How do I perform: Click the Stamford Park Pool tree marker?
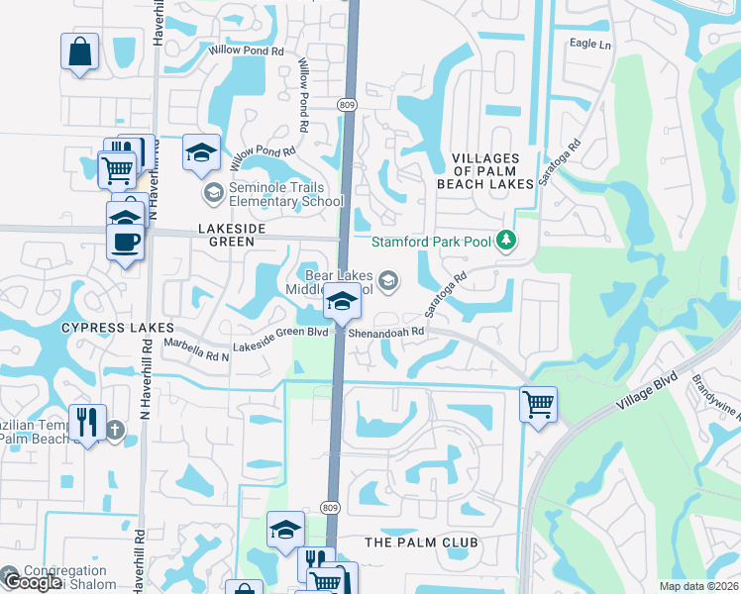click(506, 241)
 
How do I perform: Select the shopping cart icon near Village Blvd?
click(538, 403)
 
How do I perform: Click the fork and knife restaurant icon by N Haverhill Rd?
click(86, 422)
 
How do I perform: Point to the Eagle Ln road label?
click(590, 45)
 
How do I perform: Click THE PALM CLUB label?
click(421, 543)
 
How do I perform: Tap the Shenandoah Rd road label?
click(386, 332)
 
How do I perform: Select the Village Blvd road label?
click(648, 391)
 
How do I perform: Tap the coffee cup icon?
click(125, 242)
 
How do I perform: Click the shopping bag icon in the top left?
click(79, 50)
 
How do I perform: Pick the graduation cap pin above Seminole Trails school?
click(202, 151)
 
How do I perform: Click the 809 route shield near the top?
click(346, 104)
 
